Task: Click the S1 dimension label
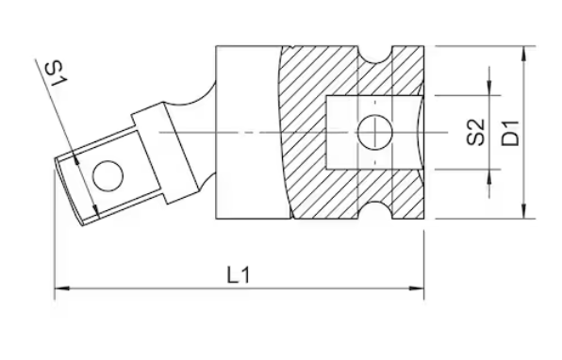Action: coord(56,74)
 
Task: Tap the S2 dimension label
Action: coord(476,132)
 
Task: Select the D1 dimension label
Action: coord(510,133)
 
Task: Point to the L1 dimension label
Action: coord(239,275)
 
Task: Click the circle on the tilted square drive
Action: coord(107,176)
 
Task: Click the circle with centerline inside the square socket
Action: coord(375,132)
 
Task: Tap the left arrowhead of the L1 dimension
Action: coord(61,288)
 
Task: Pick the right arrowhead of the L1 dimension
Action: coord(417,288)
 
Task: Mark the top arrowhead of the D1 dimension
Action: coord(524,53)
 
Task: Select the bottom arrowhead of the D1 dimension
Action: coord(524,211)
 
